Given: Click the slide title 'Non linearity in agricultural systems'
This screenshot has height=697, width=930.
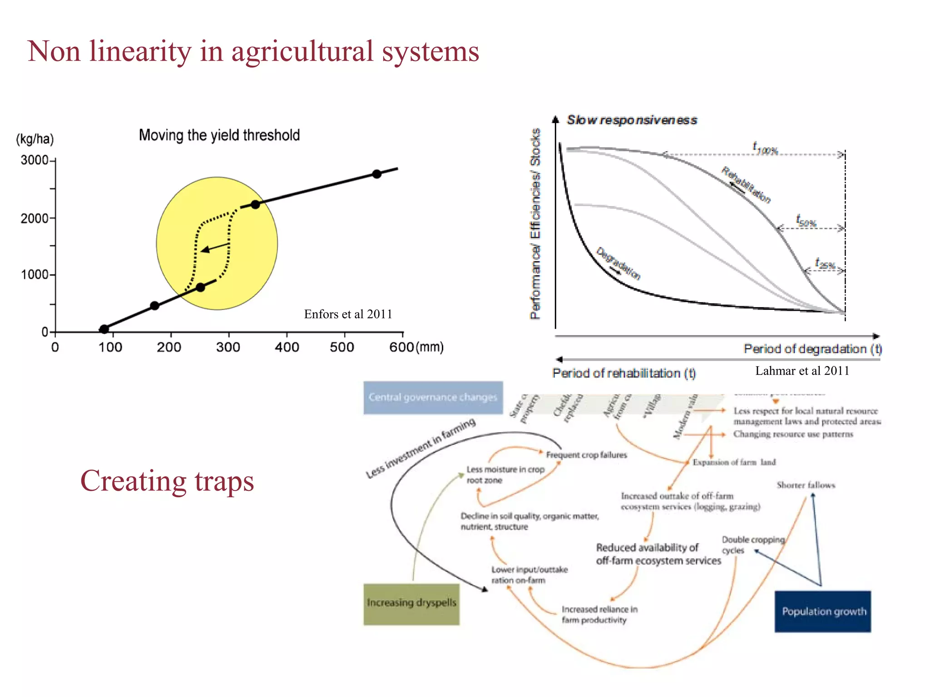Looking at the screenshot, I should (253, 51).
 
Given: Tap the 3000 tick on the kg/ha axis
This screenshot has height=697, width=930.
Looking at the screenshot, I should (35, 160).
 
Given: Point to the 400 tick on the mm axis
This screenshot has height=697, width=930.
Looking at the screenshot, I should (287, 347).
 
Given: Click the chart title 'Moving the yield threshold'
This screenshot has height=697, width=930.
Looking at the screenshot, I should (219, 135).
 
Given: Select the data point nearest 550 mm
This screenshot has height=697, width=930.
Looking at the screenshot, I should (376, 174).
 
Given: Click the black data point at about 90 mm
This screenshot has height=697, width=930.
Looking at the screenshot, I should (104, 329).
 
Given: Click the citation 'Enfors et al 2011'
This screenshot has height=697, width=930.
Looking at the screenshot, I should (348, 314).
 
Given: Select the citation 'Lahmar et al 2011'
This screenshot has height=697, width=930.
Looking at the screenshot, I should (802, 371).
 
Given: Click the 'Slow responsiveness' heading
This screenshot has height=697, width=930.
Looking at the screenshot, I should (632, 120).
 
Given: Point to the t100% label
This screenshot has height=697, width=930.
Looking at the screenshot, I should (765, 148).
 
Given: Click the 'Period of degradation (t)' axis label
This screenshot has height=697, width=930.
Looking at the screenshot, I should (812, 348).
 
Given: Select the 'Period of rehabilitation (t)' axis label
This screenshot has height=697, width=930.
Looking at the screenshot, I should (623, 373).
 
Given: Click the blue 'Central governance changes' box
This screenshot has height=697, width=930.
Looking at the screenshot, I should (433, 398).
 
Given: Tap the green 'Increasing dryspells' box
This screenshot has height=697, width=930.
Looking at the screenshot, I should (411, 604).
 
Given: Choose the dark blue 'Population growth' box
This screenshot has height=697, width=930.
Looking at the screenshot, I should (823, 611).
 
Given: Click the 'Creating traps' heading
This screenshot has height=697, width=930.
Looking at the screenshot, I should (167, 481).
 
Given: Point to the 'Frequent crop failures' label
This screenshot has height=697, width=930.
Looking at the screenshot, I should (586, 455).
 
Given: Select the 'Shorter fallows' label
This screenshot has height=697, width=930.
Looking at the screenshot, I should (806, 485).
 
